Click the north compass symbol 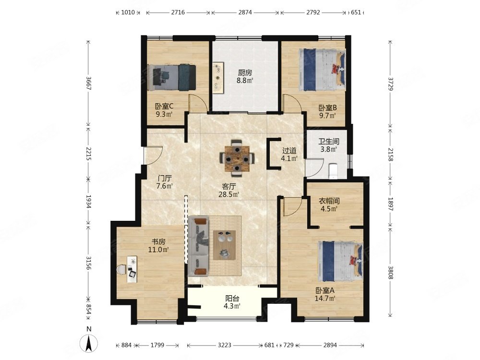[89, 340]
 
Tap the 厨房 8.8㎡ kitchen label [245, 76]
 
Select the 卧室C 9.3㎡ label [164, 110]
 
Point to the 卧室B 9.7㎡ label [327, 112]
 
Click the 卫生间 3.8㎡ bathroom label [329, 145]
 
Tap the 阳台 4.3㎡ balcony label [232, 302]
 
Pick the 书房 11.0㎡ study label [158, 245]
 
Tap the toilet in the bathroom [333, 171]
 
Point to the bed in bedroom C [171, 77]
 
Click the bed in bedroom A [340, 262]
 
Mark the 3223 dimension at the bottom [224, 345]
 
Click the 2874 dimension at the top [245, 12]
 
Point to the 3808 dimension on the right [390, 272]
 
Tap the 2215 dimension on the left [88, 154]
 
